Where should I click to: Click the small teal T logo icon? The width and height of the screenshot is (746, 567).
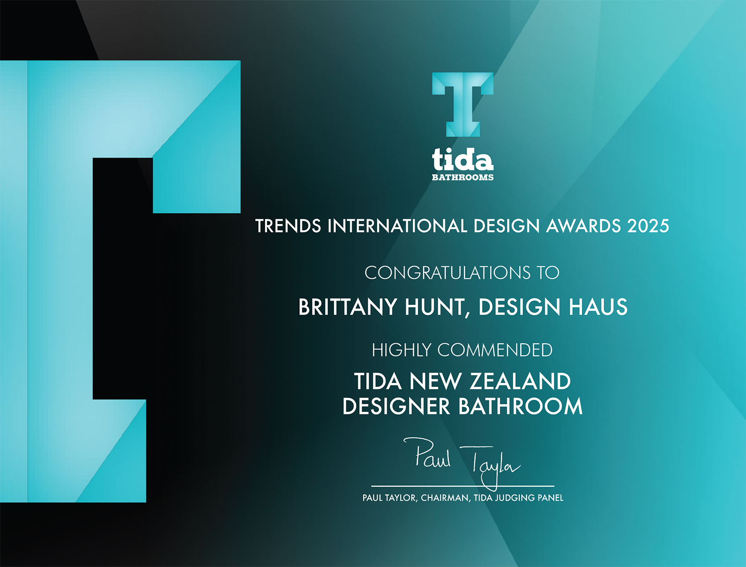pos(463,105)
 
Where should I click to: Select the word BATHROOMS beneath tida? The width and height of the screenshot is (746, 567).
pos(463,177)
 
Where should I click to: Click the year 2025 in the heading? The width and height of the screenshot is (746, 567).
pos(648,226)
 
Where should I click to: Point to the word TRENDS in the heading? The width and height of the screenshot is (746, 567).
pos(288,226)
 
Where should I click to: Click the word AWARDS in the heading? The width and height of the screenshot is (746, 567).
pos(583,226)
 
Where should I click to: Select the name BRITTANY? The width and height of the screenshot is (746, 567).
pos(347,307)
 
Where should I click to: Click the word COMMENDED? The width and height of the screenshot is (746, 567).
pos(495,350)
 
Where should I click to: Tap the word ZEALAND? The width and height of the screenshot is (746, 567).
pos(520,381)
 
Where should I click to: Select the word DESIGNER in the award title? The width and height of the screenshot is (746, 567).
pos(396,406)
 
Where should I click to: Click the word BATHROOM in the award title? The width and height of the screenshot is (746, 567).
pos(521,406)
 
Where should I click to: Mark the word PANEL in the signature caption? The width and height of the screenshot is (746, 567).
pos(550,498)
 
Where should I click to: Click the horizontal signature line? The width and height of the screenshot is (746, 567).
pos(463,486)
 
